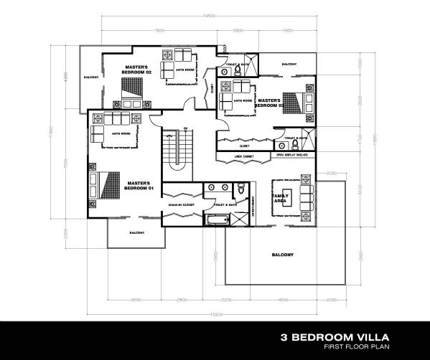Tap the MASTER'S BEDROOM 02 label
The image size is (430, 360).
tap(139, 70)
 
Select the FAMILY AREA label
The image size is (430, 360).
tap(280, 198)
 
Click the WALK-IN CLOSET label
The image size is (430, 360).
tap(181, 205)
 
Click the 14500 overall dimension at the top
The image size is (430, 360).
tap(209, 16)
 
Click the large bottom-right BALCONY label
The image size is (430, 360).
tap(282, 255)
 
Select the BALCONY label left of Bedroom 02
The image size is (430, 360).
tap(90, 77)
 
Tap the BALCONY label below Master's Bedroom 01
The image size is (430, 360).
tap(136, 232)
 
